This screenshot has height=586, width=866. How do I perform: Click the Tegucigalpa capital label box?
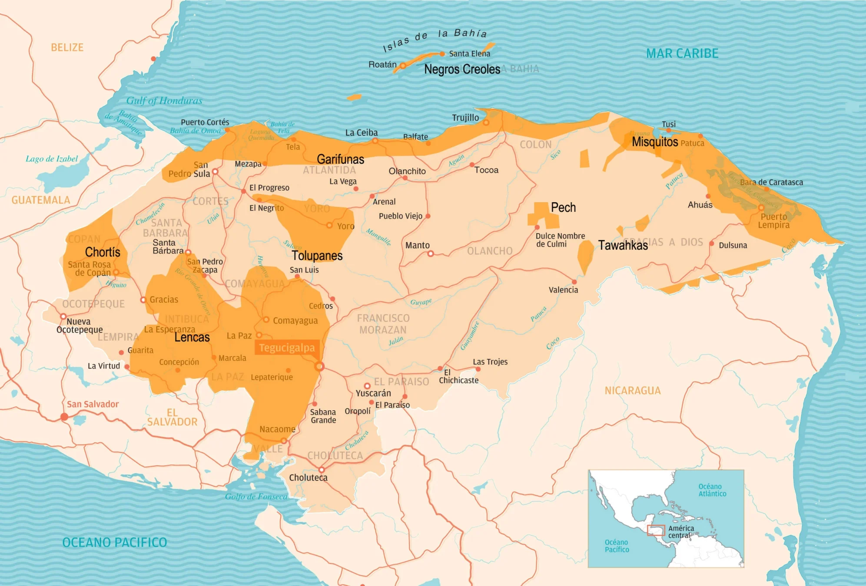287,348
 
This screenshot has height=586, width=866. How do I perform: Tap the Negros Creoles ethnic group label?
462,69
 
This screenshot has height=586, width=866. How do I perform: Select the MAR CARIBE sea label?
682,53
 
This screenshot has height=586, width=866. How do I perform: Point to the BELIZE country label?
67,47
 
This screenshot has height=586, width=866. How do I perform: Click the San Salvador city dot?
64,417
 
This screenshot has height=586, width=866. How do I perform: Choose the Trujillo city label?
465,118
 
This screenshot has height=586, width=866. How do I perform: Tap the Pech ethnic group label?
563,207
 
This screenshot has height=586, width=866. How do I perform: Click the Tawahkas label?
623,245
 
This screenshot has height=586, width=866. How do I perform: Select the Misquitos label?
654,142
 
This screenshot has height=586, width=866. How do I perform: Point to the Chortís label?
103,252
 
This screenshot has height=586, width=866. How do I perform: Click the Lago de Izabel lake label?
52,159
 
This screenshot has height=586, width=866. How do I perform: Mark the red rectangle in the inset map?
656,530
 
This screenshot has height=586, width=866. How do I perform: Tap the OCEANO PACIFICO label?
114,543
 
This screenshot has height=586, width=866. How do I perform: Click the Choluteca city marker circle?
322,470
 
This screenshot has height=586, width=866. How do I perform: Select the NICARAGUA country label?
632,391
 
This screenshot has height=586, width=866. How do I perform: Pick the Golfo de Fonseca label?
256,497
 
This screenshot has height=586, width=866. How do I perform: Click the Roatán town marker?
403,66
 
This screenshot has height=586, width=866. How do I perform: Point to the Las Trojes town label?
490,362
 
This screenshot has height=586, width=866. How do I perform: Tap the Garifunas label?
340,159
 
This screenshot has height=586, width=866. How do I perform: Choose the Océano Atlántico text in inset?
712,490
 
